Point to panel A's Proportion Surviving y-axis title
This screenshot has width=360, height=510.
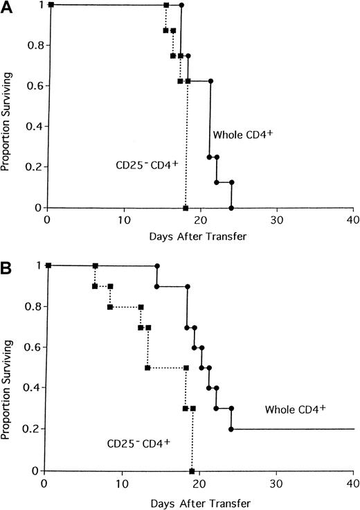(8, 107)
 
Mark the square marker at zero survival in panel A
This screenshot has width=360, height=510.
(186, 208)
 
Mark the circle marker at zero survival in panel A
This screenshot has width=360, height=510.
(231, 208)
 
